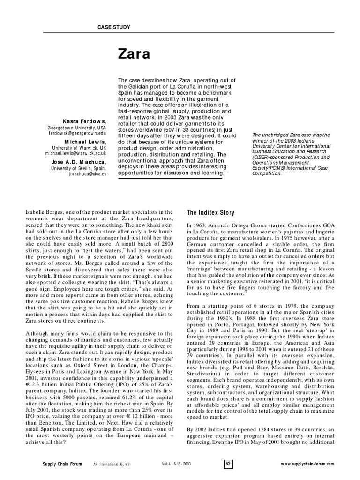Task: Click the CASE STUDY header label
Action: pos(113,28)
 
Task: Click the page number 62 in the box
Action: pos(228,464)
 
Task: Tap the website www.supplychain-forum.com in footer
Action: pos(307,464)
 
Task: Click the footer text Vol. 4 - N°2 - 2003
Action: pos(177,464)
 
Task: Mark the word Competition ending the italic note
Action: pos(267,173)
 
